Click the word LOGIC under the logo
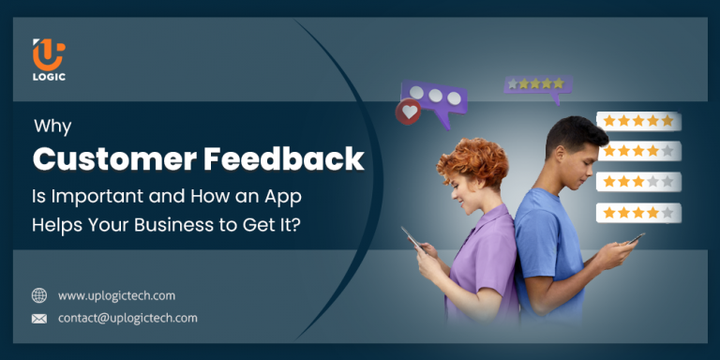(x=48, y=78)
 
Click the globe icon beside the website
(x=39, y=295)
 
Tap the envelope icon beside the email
(x=39, y=319)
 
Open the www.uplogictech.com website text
(x=116, y=295)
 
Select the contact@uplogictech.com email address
(x=127, y=319)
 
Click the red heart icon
(x=409, y=112)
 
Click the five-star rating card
(x=638, y=121)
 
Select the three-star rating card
(x=638, y=182)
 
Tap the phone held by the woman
(x=412, y=241)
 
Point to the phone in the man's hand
(x=635, y=239)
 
